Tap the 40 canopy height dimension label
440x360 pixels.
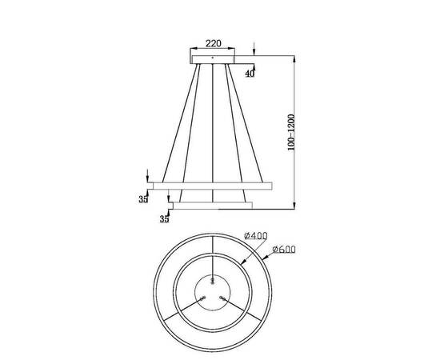[x=250, y=73]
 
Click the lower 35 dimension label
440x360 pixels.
[x=164, y=217]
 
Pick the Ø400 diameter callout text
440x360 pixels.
[x=254, y=236]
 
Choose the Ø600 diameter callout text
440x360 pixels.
[x=284, y=250]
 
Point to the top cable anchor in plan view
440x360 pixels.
[x=212, y=279]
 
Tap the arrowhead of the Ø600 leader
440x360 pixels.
[x=264, y=259]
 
